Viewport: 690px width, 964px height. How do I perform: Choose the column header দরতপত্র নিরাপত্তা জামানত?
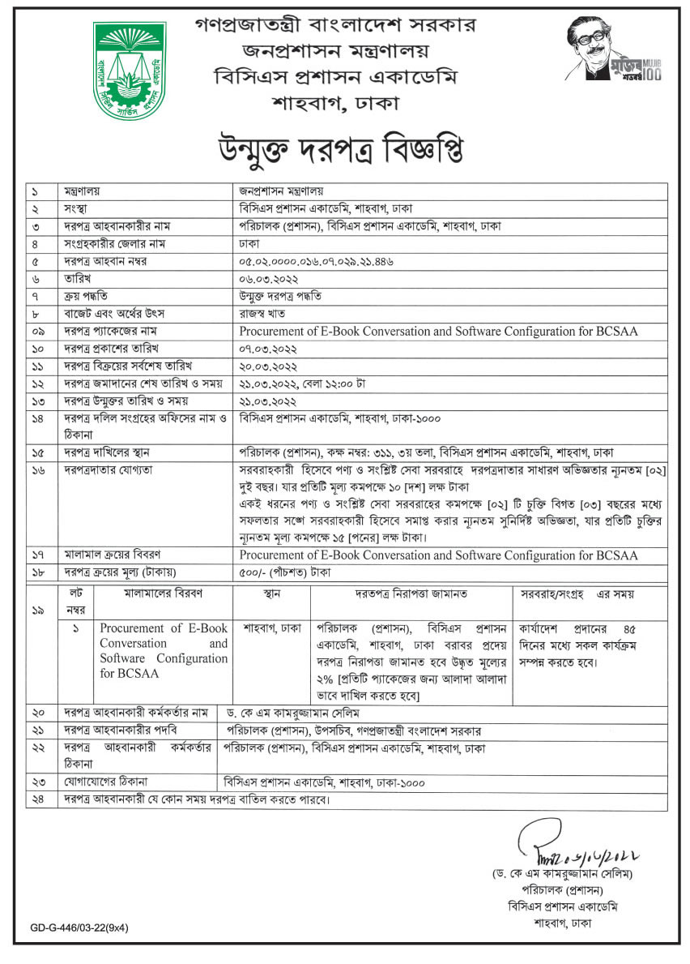click(411, 593)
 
